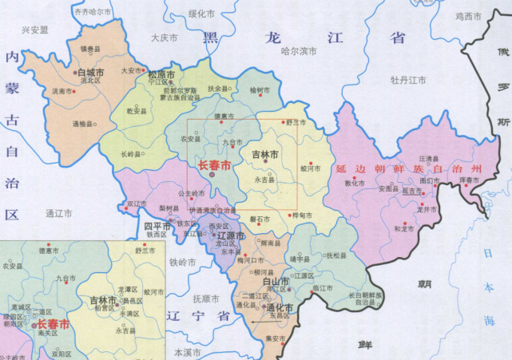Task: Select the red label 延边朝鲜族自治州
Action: point(410,170)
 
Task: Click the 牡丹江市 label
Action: point(408,80)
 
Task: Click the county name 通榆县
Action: point(83,125)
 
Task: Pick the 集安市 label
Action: point(272,338)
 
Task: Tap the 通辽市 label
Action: point(59,214)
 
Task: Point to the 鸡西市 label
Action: point(469,16)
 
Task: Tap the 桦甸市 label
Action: point(301,216)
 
